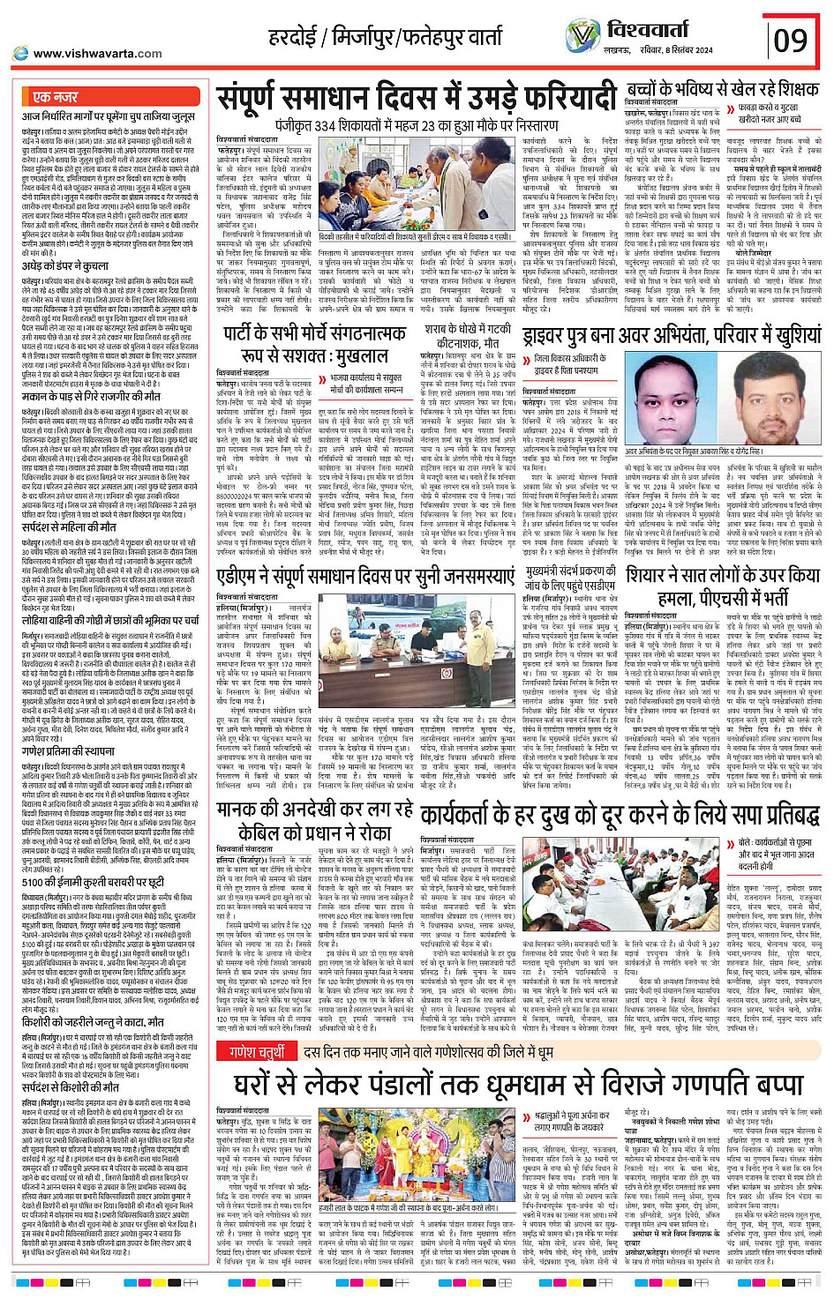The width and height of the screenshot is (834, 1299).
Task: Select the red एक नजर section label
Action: click(x=55, y=97)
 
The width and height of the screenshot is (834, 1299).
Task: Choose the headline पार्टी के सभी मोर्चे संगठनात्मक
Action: click(x=314, y=344)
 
